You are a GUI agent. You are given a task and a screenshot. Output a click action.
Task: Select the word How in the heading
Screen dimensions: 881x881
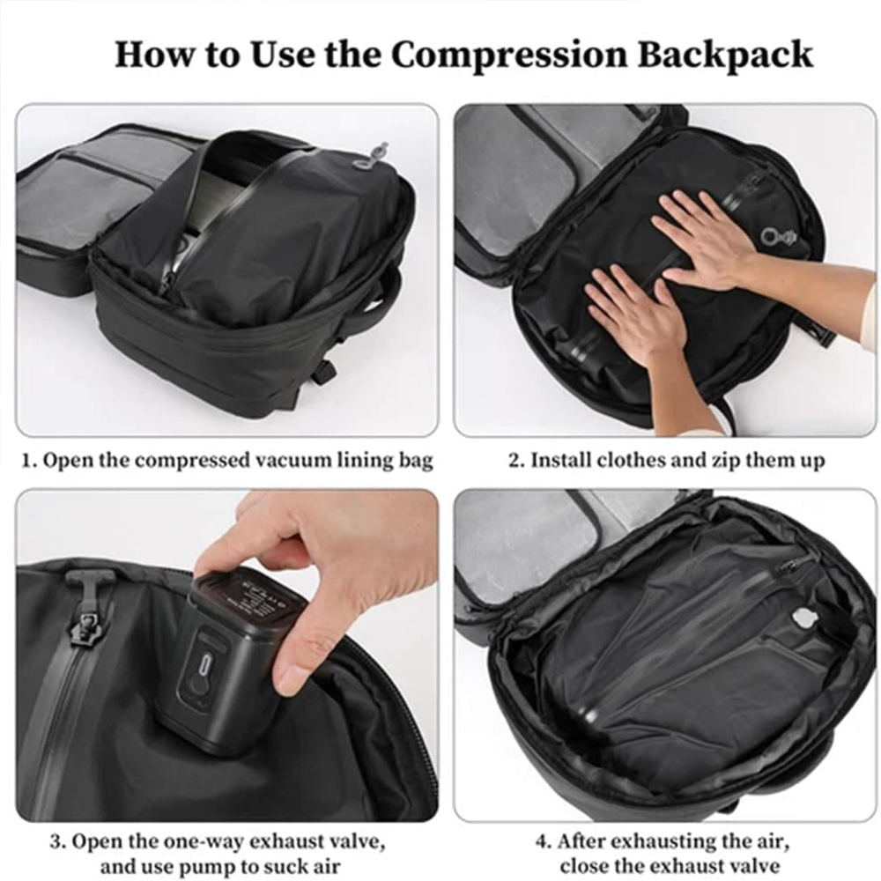pyautogui.click(x=151, y=54)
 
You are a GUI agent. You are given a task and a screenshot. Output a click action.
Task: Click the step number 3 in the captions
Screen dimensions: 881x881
pyautogui.click(x=54, y=841)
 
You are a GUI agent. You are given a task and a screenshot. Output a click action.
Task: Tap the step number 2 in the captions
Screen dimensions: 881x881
pyautogui.click(x=514, y=461)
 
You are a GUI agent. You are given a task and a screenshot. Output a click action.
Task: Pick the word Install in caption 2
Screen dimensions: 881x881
pyautogui.click(x=561, y=461)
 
